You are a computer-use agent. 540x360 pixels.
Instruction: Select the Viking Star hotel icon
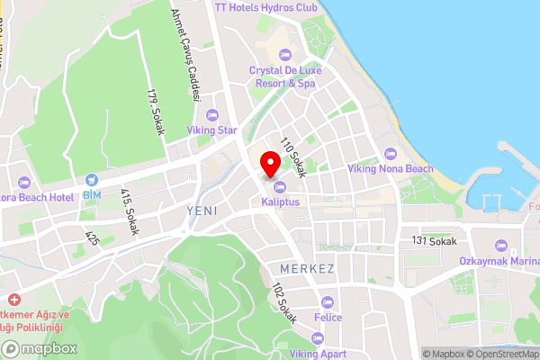(212, 114)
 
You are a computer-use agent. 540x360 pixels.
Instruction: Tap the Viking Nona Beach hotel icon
(390, 152)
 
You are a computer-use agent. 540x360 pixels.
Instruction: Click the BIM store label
(93, 194)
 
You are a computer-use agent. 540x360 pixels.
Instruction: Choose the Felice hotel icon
(327, 301)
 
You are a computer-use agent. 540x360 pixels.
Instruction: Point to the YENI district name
(202, 210)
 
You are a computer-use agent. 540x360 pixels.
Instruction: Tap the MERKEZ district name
(307, 269)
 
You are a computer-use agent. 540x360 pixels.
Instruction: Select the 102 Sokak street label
(283, 303)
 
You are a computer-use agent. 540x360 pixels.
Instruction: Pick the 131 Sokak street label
(434, 241)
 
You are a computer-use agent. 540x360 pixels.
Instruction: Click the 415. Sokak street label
(130, 211)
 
